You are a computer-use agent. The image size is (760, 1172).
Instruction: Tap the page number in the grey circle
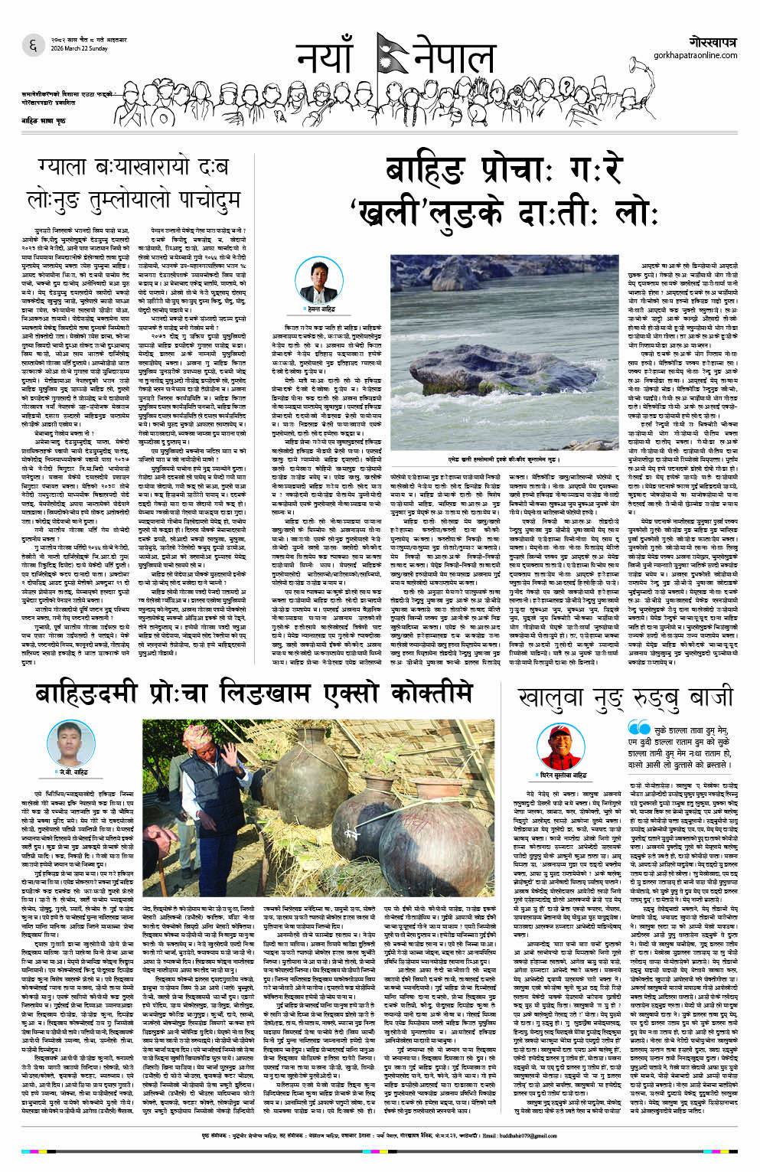click(x=32, y=46)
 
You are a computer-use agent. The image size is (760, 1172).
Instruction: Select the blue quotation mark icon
click(x=639, y=728)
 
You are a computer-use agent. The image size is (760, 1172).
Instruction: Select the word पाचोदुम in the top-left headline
click(x=201, y=200)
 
